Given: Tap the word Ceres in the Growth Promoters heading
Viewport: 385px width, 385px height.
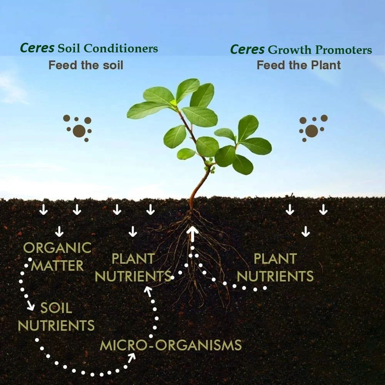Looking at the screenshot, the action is pos(247,50).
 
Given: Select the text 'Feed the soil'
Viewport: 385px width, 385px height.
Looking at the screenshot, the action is pos(86,65).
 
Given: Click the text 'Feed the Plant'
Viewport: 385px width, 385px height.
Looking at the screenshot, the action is pos(299,65).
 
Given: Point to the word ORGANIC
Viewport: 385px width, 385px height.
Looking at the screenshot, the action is pos(58,248).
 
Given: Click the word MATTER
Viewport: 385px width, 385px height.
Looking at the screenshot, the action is pos(57,265).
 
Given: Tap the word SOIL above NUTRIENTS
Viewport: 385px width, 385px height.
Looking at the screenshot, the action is pos(56,308).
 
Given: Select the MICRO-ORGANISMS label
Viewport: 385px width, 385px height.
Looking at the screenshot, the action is pos(171,345).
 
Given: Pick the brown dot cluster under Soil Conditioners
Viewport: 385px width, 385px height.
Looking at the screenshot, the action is pos(78,128).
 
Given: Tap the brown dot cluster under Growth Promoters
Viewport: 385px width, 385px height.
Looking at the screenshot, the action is pos(312,128).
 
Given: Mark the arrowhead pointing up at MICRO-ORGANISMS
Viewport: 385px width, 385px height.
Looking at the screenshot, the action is pos(132,358).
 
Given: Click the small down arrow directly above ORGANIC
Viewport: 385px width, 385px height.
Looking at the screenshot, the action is pos(59,231).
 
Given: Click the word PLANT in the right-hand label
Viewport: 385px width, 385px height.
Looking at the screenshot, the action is pos(275,259).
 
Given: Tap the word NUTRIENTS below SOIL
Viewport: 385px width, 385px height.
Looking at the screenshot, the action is pos(56,326).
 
